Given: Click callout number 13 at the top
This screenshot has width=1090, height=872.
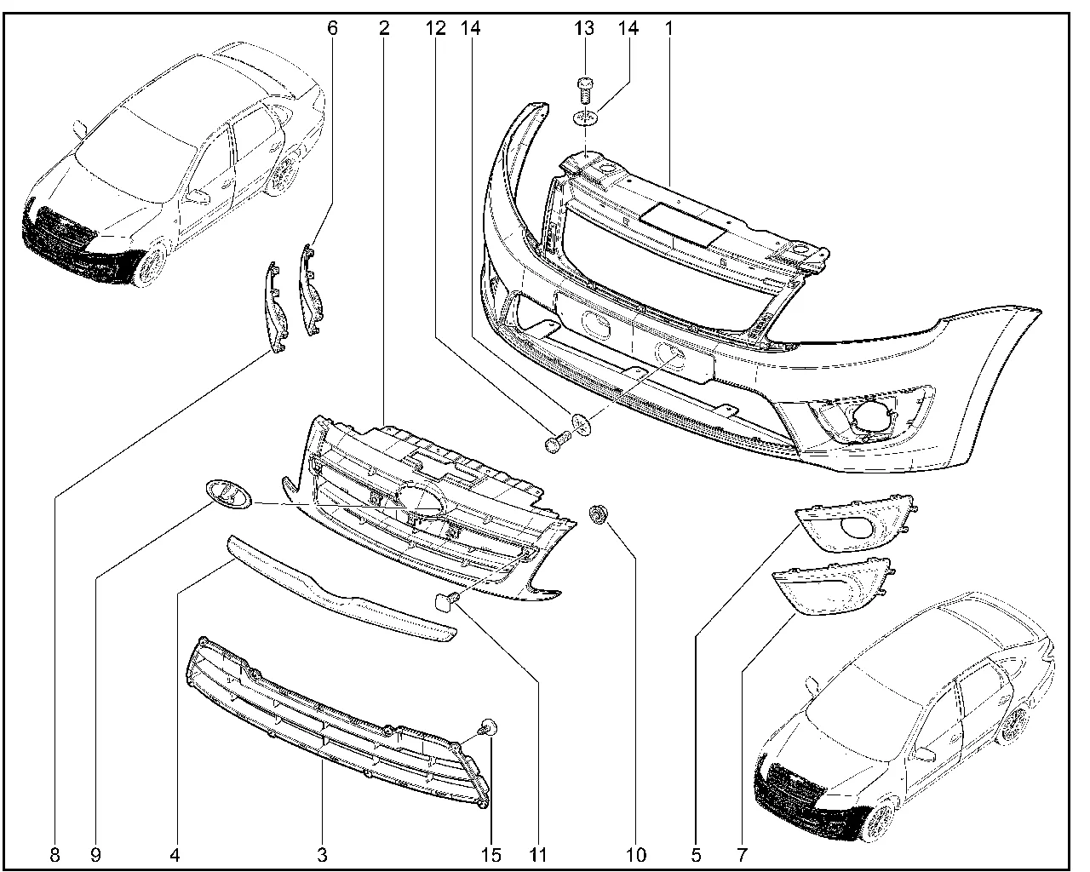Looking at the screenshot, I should point(584,28).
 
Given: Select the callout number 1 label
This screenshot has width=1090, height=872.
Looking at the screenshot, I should point(669,28).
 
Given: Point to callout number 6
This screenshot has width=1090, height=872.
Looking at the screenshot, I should point(332,28).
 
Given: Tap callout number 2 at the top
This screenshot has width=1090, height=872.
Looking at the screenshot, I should point(385,28).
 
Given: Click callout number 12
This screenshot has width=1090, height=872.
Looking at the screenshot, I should point(436,28).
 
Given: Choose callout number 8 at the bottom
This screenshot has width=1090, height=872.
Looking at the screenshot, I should point(55,854).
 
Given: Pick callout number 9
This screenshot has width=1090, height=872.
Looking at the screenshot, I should point(95,854).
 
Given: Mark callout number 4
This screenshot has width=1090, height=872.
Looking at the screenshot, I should point(175,854).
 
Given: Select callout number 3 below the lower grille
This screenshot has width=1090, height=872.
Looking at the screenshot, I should point(322,854).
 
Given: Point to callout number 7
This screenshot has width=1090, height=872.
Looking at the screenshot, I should point(742,854).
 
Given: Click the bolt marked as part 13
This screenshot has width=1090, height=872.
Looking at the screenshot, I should point(584,89).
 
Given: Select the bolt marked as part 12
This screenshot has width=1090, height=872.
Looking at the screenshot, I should point(554,443).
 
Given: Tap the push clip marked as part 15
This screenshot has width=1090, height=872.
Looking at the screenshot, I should point(489,728).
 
